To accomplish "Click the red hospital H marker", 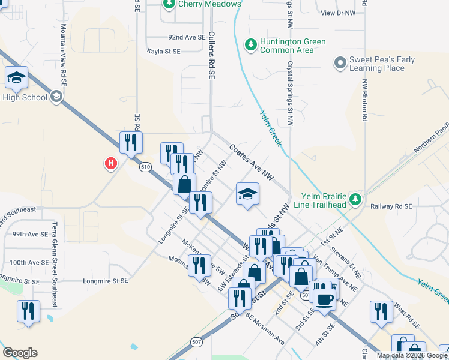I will (110, 163).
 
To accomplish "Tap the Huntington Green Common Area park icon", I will (251, 44).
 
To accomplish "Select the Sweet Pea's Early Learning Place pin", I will (340, 62).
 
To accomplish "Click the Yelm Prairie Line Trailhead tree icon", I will (355, 199).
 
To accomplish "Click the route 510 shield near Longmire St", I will (145, 167).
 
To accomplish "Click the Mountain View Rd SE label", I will (64, 58).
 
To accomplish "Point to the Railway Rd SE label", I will (391, 206).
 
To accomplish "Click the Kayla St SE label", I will (164, 52).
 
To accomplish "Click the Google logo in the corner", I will (20, 352).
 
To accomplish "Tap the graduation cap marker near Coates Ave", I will (247, 193).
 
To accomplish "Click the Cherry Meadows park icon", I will (169, 4).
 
